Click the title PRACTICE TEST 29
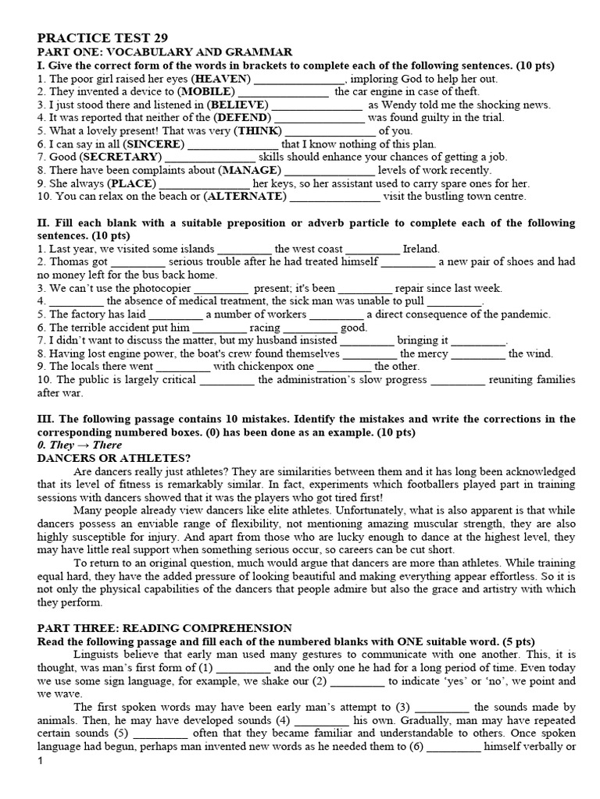click(102, 37)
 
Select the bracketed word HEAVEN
click(223, 79)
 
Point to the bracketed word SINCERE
click(155, 144)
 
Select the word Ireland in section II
click(421, 249)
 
